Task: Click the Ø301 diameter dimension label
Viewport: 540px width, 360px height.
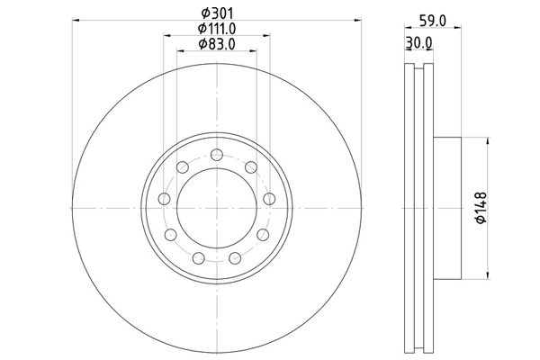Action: click(x=217, y=13)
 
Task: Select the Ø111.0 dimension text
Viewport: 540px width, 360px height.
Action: click(x=217, y=29)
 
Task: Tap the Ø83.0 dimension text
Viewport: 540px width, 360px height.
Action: click(x=217, y=44)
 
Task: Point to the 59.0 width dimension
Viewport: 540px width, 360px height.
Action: click(x=433, y=21)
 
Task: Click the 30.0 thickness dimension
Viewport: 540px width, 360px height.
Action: click(x=418, y=43)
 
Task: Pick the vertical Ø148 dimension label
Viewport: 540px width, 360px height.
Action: click(x=481, y=208)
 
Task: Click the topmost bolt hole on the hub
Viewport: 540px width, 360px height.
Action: click(x=217, y=155)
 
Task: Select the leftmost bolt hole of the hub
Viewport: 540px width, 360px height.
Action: click(x=165, y=199)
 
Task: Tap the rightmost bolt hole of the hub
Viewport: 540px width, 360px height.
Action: click(x=269, y=199)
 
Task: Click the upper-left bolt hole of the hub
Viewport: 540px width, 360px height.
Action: click(x=182, y=167)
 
